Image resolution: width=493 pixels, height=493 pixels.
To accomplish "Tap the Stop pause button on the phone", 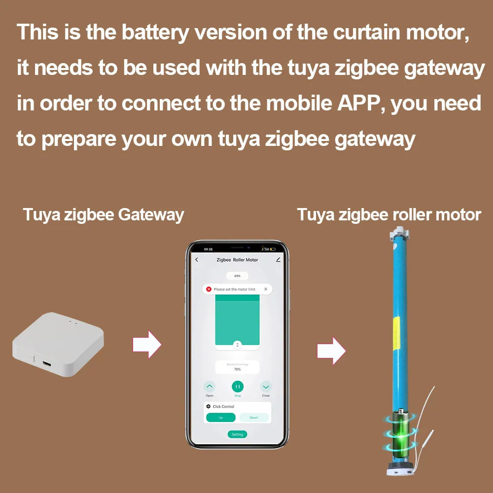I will tap(238, 387).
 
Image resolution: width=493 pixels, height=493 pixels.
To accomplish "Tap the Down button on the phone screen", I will tap(254, 417).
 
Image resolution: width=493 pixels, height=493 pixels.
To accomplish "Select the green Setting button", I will tap(238, 434).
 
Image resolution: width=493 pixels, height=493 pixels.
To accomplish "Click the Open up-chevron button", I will tap(210, 387).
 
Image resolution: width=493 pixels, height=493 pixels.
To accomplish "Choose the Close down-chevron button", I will tap(266, 387).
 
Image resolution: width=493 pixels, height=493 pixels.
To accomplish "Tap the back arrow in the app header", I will tap(197, 260).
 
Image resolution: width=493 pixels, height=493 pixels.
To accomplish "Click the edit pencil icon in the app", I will tap(278, 260).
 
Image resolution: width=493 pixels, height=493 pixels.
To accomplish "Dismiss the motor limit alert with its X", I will tap(266, 289).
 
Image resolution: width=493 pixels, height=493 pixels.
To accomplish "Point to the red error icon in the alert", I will tap(209, 289).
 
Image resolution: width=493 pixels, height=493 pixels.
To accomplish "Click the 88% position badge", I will tap(237, 276).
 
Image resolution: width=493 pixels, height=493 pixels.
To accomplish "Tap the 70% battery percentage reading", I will tap(237, 369).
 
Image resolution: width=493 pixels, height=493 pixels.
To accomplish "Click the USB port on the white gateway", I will tap(46, 365).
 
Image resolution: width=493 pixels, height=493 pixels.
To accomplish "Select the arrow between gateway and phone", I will tap(147, 344).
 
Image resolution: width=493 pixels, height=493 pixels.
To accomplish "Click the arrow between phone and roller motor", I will tap(331, 351).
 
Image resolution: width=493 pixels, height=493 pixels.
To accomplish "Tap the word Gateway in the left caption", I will tap(151, 215).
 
